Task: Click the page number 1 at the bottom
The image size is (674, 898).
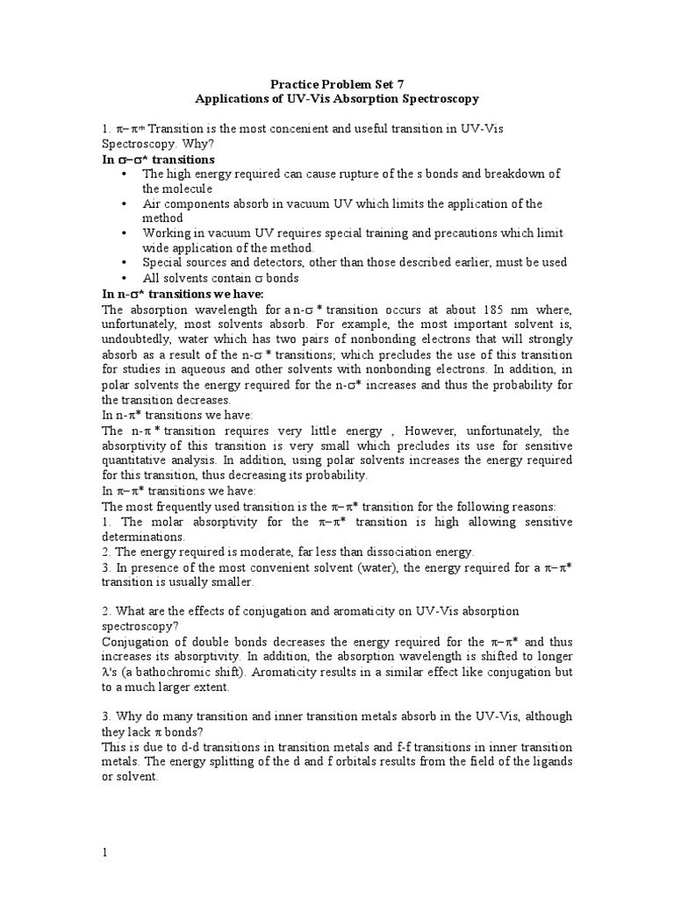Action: (105, 853)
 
